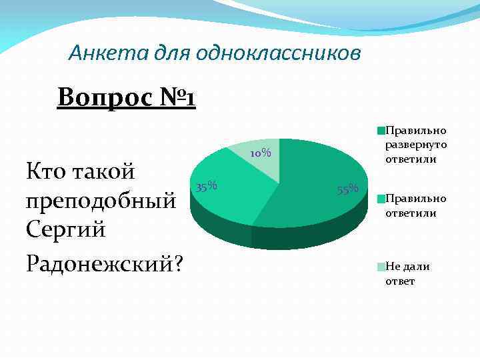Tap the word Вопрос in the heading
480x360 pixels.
click(x=105, y=98)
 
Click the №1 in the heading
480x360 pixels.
click(x=177, y=98)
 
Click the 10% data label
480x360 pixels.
click(x=261, y=154)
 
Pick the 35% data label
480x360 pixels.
click(x=206, y=185)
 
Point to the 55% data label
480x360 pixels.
click(x=348, y=189)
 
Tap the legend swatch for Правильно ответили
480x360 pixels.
click(x=381, y=199)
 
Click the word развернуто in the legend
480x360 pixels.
click(x=415, y=145)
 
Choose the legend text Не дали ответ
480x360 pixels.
click(x=407, y=273)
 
